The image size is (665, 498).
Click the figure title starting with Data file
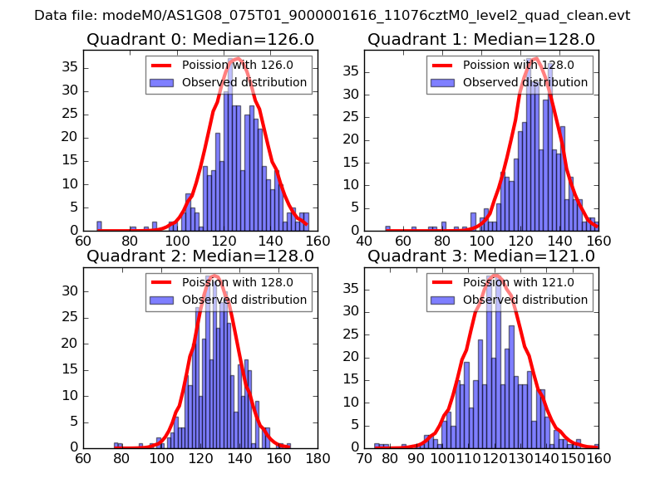click(x=332, y=16)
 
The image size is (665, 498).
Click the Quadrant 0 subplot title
click(x=199, y=39)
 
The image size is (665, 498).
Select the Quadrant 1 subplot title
click(x=481, y=39)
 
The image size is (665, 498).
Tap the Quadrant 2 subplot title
click(x=199, y=256)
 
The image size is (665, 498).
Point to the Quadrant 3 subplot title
click(x=481, y=256)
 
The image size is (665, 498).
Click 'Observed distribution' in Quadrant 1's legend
click(x=525, y=83)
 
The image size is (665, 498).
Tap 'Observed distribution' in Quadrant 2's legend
click(x=244, y=300)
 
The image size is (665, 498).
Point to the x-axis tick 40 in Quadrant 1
click(x=364, y=241)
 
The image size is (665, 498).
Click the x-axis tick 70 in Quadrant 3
click(x=364, y=457)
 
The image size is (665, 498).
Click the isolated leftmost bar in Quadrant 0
click(x=99, y=226)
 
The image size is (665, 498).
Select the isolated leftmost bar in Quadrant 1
click(x=387, y=228)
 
